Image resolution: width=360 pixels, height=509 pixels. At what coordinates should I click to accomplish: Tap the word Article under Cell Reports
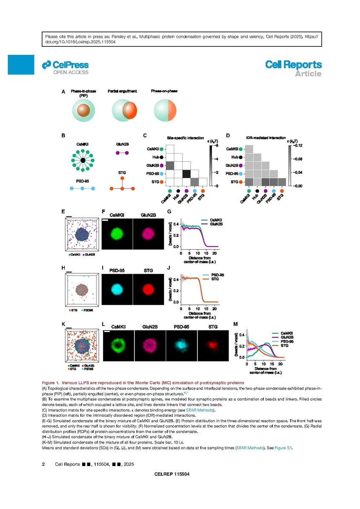click(x=309, y=74)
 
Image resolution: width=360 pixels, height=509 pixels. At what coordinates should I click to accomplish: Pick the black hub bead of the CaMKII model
click(x=83, y=160)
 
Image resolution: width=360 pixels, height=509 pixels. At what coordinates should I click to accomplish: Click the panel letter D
click(x=228, y=136)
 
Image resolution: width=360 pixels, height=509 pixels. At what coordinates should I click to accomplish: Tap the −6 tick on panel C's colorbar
click(x=215, y=145)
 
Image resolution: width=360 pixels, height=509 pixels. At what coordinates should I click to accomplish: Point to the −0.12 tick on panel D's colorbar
click(x=297, y=145)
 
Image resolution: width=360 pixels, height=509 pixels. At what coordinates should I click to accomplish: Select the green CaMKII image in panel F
click(x=117, y=234)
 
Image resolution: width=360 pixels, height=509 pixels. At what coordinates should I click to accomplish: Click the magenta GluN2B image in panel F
click(x=149, y=234)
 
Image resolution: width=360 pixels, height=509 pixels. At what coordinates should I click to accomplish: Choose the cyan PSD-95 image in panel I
click(x=117, y=289)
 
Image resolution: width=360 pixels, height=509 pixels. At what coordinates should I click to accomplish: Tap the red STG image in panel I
click(x=149, y=289)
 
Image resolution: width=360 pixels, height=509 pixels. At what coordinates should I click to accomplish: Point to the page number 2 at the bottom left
click(x=43, y=464)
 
